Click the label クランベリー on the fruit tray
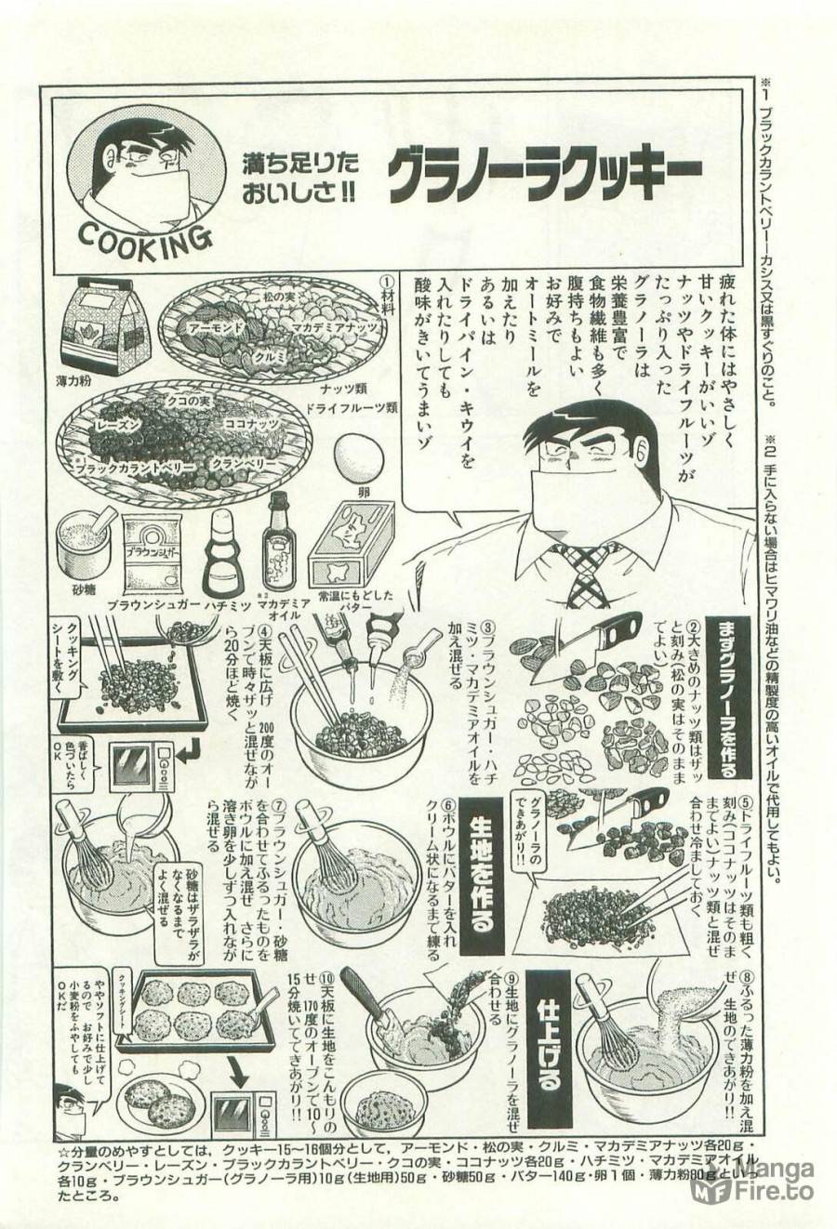point(237,461)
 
